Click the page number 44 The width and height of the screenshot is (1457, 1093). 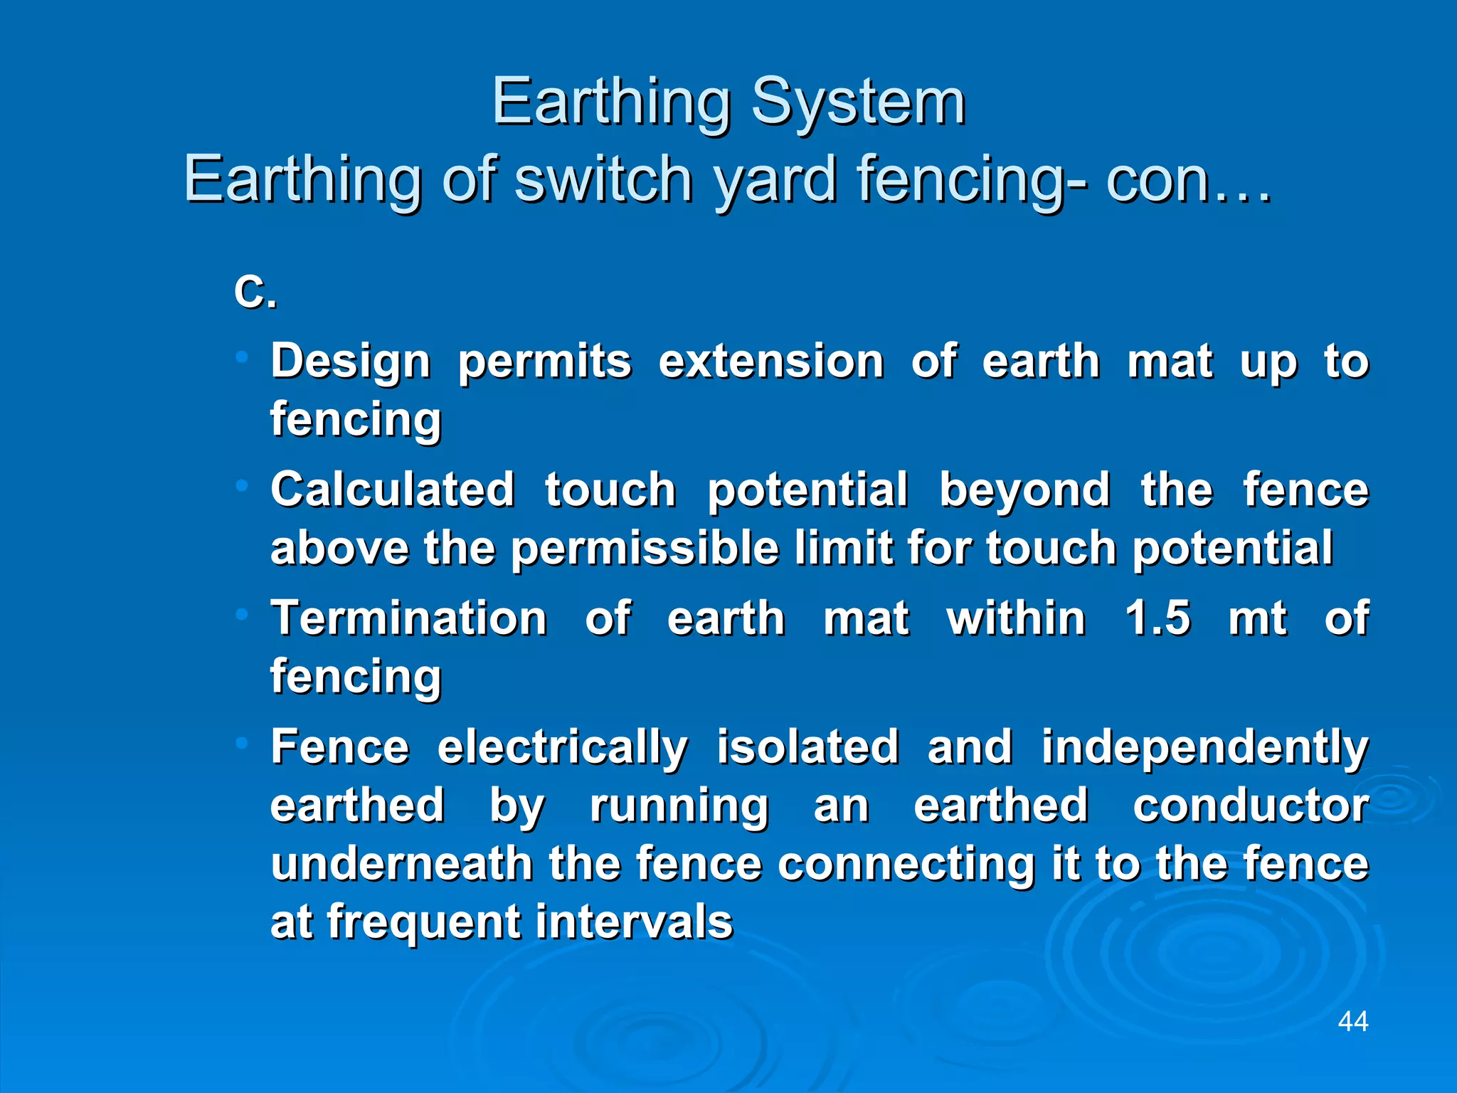(1352, 1022)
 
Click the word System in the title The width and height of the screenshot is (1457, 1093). (858, 104)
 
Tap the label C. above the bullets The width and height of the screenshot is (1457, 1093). (255, 292)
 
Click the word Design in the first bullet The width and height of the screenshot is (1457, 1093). (351, 361)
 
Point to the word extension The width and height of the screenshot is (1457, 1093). (770, 361)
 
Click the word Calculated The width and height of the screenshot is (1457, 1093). (393, 490)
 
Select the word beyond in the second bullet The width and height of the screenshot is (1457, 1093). (1024, 490)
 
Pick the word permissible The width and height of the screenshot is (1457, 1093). (645, 549)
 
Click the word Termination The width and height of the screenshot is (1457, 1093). (409, 618)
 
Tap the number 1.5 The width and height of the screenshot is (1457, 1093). (1157, 618)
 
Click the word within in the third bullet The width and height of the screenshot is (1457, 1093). (1015, 618)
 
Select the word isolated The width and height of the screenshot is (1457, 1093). (807, 747)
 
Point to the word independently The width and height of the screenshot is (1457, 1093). (1205, 749)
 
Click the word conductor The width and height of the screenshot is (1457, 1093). (1251, 806)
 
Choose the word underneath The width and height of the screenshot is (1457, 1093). (402, 864)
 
